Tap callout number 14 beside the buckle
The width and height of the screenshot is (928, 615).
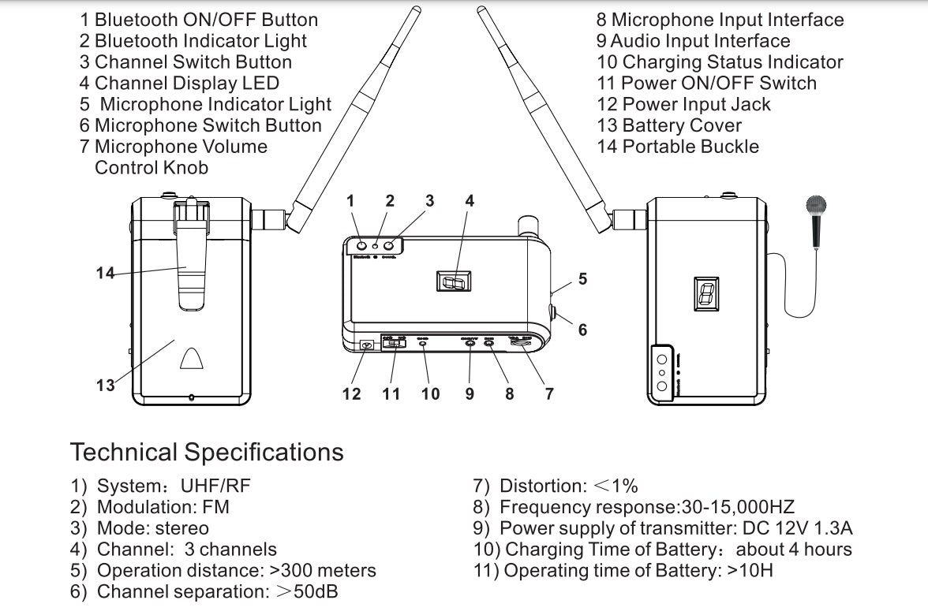pos(105,274)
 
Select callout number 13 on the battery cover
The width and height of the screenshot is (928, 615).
pos(105,386)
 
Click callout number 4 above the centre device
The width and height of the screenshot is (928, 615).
pos(470,201)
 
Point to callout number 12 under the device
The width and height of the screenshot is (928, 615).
pos(351,393)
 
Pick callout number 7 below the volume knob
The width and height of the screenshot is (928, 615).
pos(549,393)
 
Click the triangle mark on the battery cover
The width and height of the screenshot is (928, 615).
pos(192,360)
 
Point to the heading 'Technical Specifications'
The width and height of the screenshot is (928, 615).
pos(207,453)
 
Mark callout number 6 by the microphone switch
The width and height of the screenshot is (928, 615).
pos(582,330)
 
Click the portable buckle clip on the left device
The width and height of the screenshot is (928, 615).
pos(187,260)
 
